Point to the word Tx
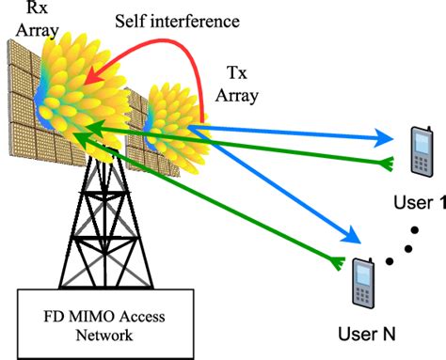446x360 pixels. (x=240, y=71)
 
